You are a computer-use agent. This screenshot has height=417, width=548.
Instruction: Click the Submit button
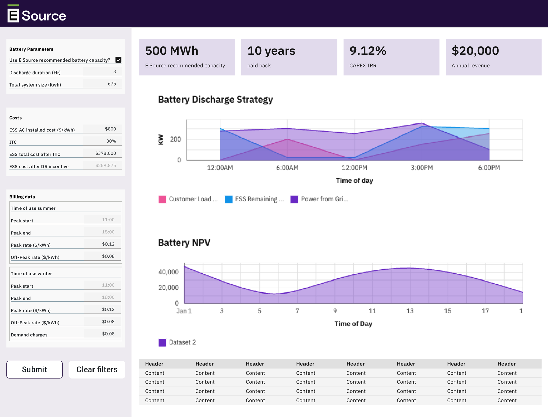(x=34, y=369)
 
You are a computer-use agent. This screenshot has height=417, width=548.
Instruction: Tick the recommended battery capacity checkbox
(x=119, y=60)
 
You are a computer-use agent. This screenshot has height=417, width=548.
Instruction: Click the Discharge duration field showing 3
(x=103, y=71)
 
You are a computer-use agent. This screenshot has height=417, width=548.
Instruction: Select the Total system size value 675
(x=112, y=83)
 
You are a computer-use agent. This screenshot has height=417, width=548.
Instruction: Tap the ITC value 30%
(x=111, y=141)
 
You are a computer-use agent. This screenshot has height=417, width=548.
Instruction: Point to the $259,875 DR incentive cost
(x=105, y=165)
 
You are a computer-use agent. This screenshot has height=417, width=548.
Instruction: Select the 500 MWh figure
(x=172, y=51)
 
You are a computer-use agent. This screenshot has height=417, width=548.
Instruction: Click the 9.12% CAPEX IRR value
(x=368, y=51)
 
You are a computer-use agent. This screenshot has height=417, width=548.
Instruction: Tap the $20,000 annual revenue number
(x=475, y=51)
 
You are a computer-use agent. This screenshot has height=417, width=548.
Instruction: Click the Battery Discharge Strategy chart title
(x=215, y=100)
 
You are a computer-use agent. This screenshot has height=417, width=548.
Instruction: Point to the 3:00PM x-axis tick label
(x=422, y=168)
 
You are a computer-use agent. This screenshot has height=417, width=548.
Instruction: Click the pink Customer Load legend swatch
(x=162, y=199)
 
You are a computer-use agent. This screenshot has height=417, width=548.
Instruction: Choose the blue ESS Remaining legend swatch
(x=228, y=199)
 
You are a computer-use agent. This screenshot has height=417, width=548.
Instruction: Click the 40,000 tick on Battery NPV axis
(x=168, y=272)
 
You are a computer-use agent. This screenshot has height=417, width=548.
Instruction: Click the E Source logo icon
(x=13, y=14)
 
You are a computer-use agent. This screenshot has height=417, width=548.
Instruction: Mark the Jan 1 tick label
(x=184, y=311)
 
